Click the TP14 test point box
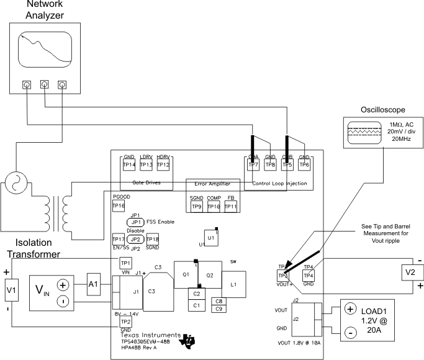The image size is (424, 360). point(129,164)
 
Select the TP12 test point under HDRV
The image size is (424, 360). point(163,164)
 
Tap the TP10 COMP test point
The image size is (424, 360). point(214,205)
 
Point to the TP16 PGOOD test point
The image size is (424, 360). point(119,205)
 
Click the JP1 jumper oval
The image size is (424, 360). point(136,222)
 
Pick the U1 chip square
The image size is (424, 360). point(212,237)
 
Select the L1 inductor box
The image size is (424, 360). point(233,285)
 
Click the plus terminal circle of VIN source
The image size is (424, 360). point(63,285)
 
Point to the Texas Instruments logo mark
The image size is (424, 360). point(186,341)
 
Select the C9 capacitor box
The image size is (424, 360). point(220,308)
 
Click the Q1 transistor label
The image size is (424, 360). point(185,274)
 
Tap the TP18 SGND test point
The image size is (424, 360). point(152,240)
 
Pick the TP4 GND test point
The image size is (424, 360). point(309,275)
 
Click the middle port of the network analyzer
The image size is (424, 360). point(44,84)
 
